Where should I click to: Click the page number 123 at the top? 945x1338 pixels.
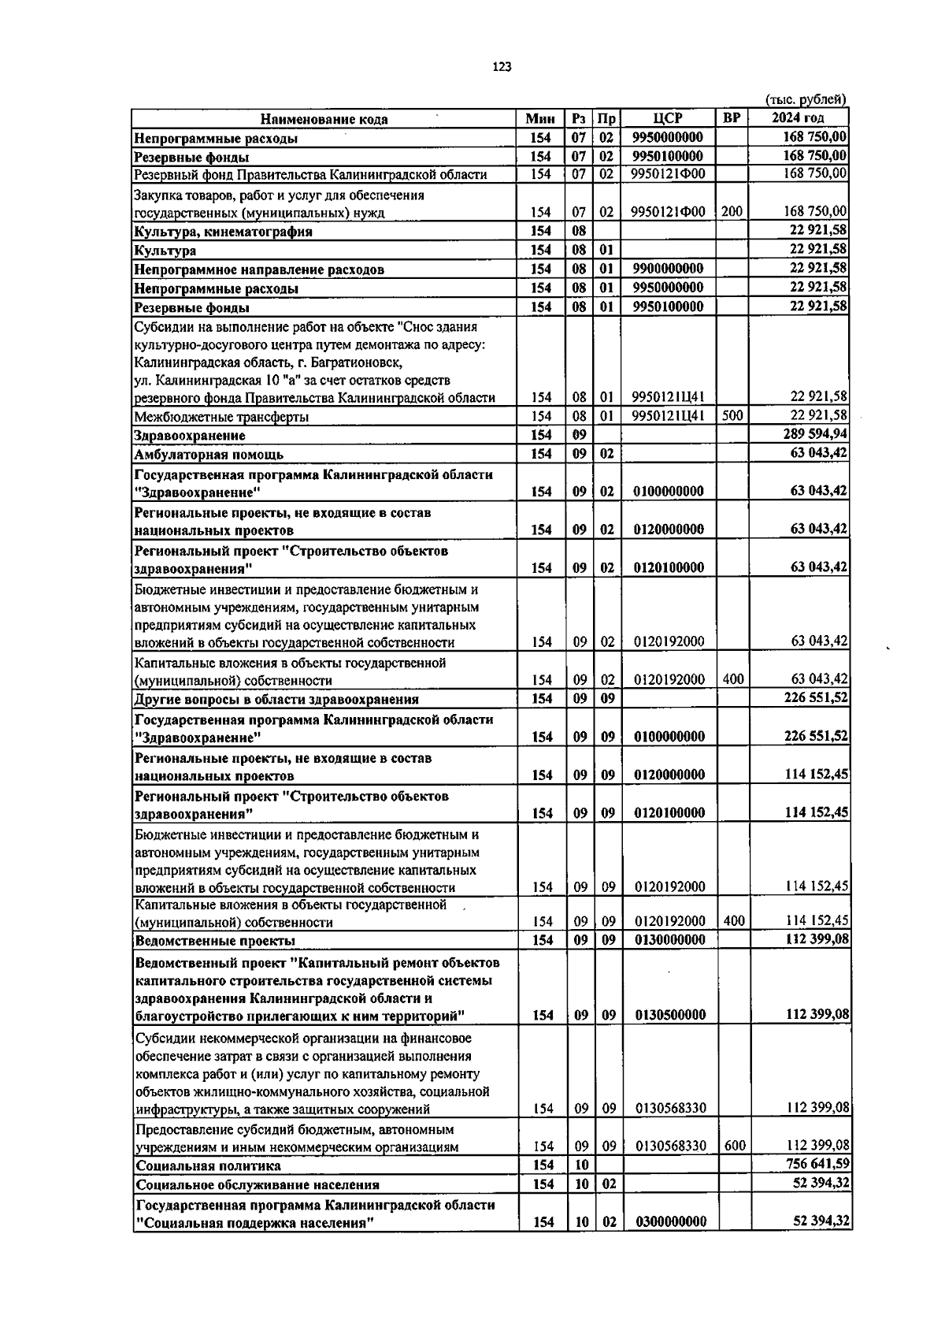click(x=502, y=67)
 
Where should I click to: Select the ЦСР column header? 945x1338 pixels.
click(x=668, y=118)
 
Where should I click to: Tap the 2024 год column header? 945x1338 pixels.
click(x=798, y=118)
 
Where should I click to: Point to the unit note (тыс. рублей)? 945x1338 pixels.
click(x=806, y=99)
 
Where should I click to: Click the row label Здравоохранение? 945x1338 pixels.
click(x=190, y=436)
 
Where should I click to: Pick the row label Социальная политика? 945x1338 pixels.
click(x=208, y=1165)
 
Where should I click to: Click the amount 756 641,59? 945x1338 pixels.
click(x=817, y=1165)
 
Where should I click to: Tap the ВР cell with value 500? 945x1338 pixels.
click(x=732, y=415)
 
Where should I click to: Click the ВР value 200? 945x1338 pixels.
click(x=732, y=211)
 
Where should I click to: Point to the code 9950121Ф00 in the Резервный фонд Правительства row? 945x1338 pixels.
click(x=668, y=174)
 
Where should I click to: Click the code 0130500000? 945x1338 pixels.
click(x=669, y=1015)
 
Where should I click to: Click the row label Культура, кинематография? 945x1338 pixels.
click(x=223, y=232)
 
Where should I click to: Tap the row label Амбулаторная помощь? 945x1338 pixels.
click(x=209, y=455)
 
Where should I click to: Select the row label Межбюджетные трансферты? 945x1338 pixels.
click(x=221, y=417)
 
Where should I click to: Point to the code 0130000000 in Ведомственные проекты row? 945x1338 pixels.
click(x=669, y=940)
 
